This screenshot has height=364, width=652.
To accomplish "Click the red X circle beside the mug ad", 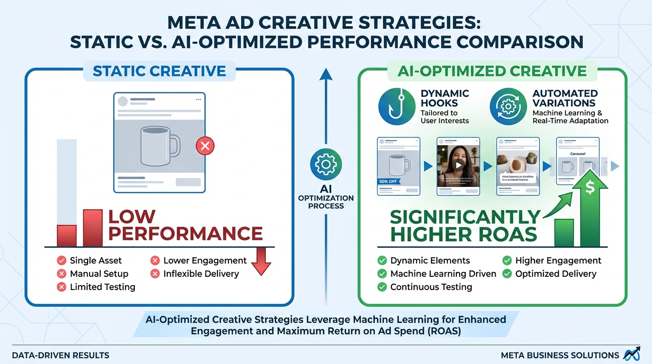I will [x=205, y=146].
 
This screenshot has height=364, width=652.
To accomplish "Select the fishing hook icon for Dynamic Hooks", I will [x=396, y=107].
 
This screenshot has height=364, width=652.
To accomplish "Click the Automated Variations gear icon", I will [x=507, y=107].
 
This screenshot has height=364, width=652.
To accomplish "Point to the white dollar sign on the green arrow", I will [x=590, y=188].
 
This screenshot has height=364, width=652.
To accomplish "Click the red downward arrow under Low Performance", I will [x=261, y=261].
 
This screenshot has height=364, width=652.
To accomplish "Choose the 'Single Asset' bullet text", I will [x=95, y=260].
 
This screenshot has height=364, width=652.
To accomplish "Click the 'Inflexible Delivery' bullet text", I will [x=201, y=273].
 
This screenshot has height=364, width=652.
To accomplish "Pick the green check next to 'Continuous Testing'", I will [x=382, y=287].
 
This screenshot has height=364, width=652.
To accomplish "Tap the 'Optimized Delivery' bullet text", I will [x=555, y=273].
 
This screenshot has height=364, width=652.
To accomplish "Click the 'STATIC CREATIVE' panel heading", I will [x=159, y=72].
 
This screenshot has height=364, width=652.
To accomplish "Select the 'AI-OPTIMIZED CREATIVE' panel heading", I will [x=492, y=72].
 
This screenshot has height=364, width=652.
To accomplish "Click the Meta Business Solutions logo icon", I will [x=632, y=354].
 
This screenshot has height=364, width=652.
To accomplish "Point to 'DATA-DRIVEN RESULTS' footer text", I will [x=61, y=355].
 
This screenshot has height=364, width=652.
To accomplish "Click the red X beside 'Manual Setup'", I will [x=61, y=273].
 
